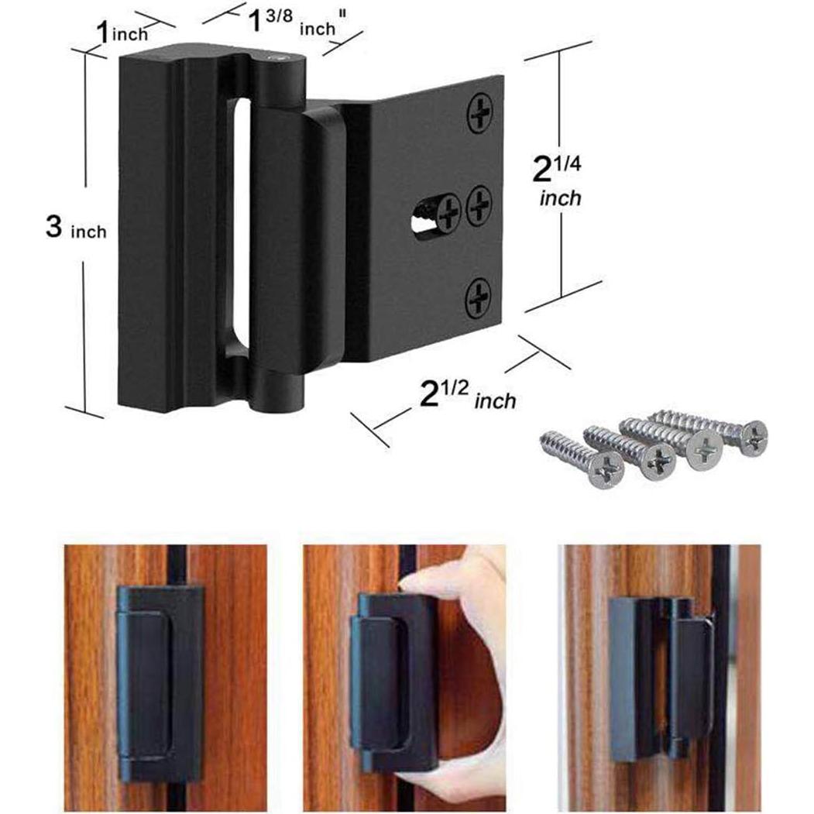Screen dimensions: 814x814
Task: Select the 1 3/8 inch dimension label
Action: pyautogui.click(x=286, y=26)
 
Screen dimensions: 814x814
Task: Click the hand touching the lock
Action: pyautogui.click(x=465, y=620)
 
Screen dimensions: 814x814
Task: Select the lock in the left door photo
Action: pyautogui.click(x=159, y=682)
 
